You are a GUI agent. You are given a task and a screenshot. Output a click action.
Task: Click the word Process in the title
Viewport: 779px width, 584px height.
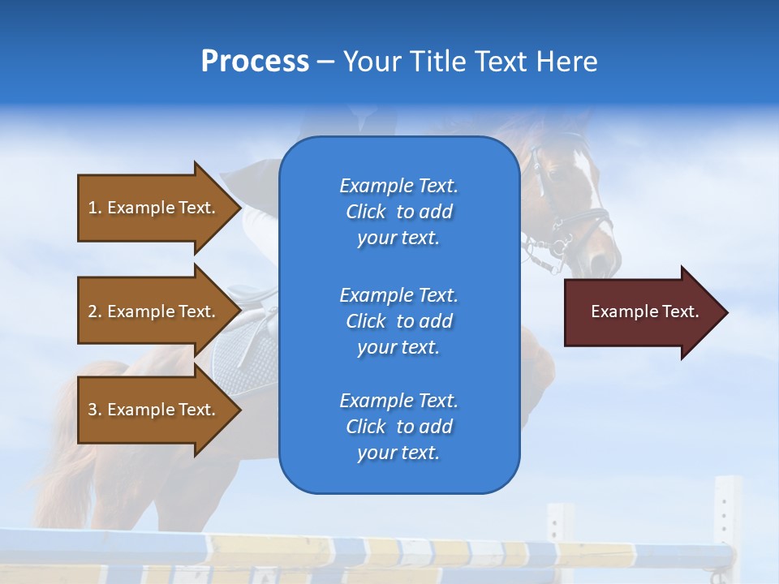(255, 61)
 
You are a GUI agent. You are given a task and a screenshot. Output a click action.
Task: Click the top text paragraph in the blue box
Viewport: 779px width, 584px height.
(398, 212)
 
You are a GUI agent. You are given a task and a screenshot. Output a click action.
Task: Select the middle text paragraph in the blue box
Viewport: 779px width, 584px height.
(398, 320)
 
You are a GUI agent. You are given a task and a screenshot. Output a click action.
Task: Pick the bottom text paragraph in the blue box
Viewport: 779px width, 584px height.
(398, 427)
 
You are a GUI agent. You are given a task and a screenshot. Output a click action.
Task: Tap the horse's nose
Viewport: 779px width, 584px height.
(605, 264)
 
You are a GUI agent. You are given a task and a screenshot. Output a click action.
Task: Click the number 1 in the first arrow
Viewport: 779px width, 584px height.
(93, 208)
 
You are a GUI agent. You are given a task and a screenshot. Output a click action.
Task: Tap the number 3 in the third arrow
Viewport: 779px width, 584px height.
(93, 410)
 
